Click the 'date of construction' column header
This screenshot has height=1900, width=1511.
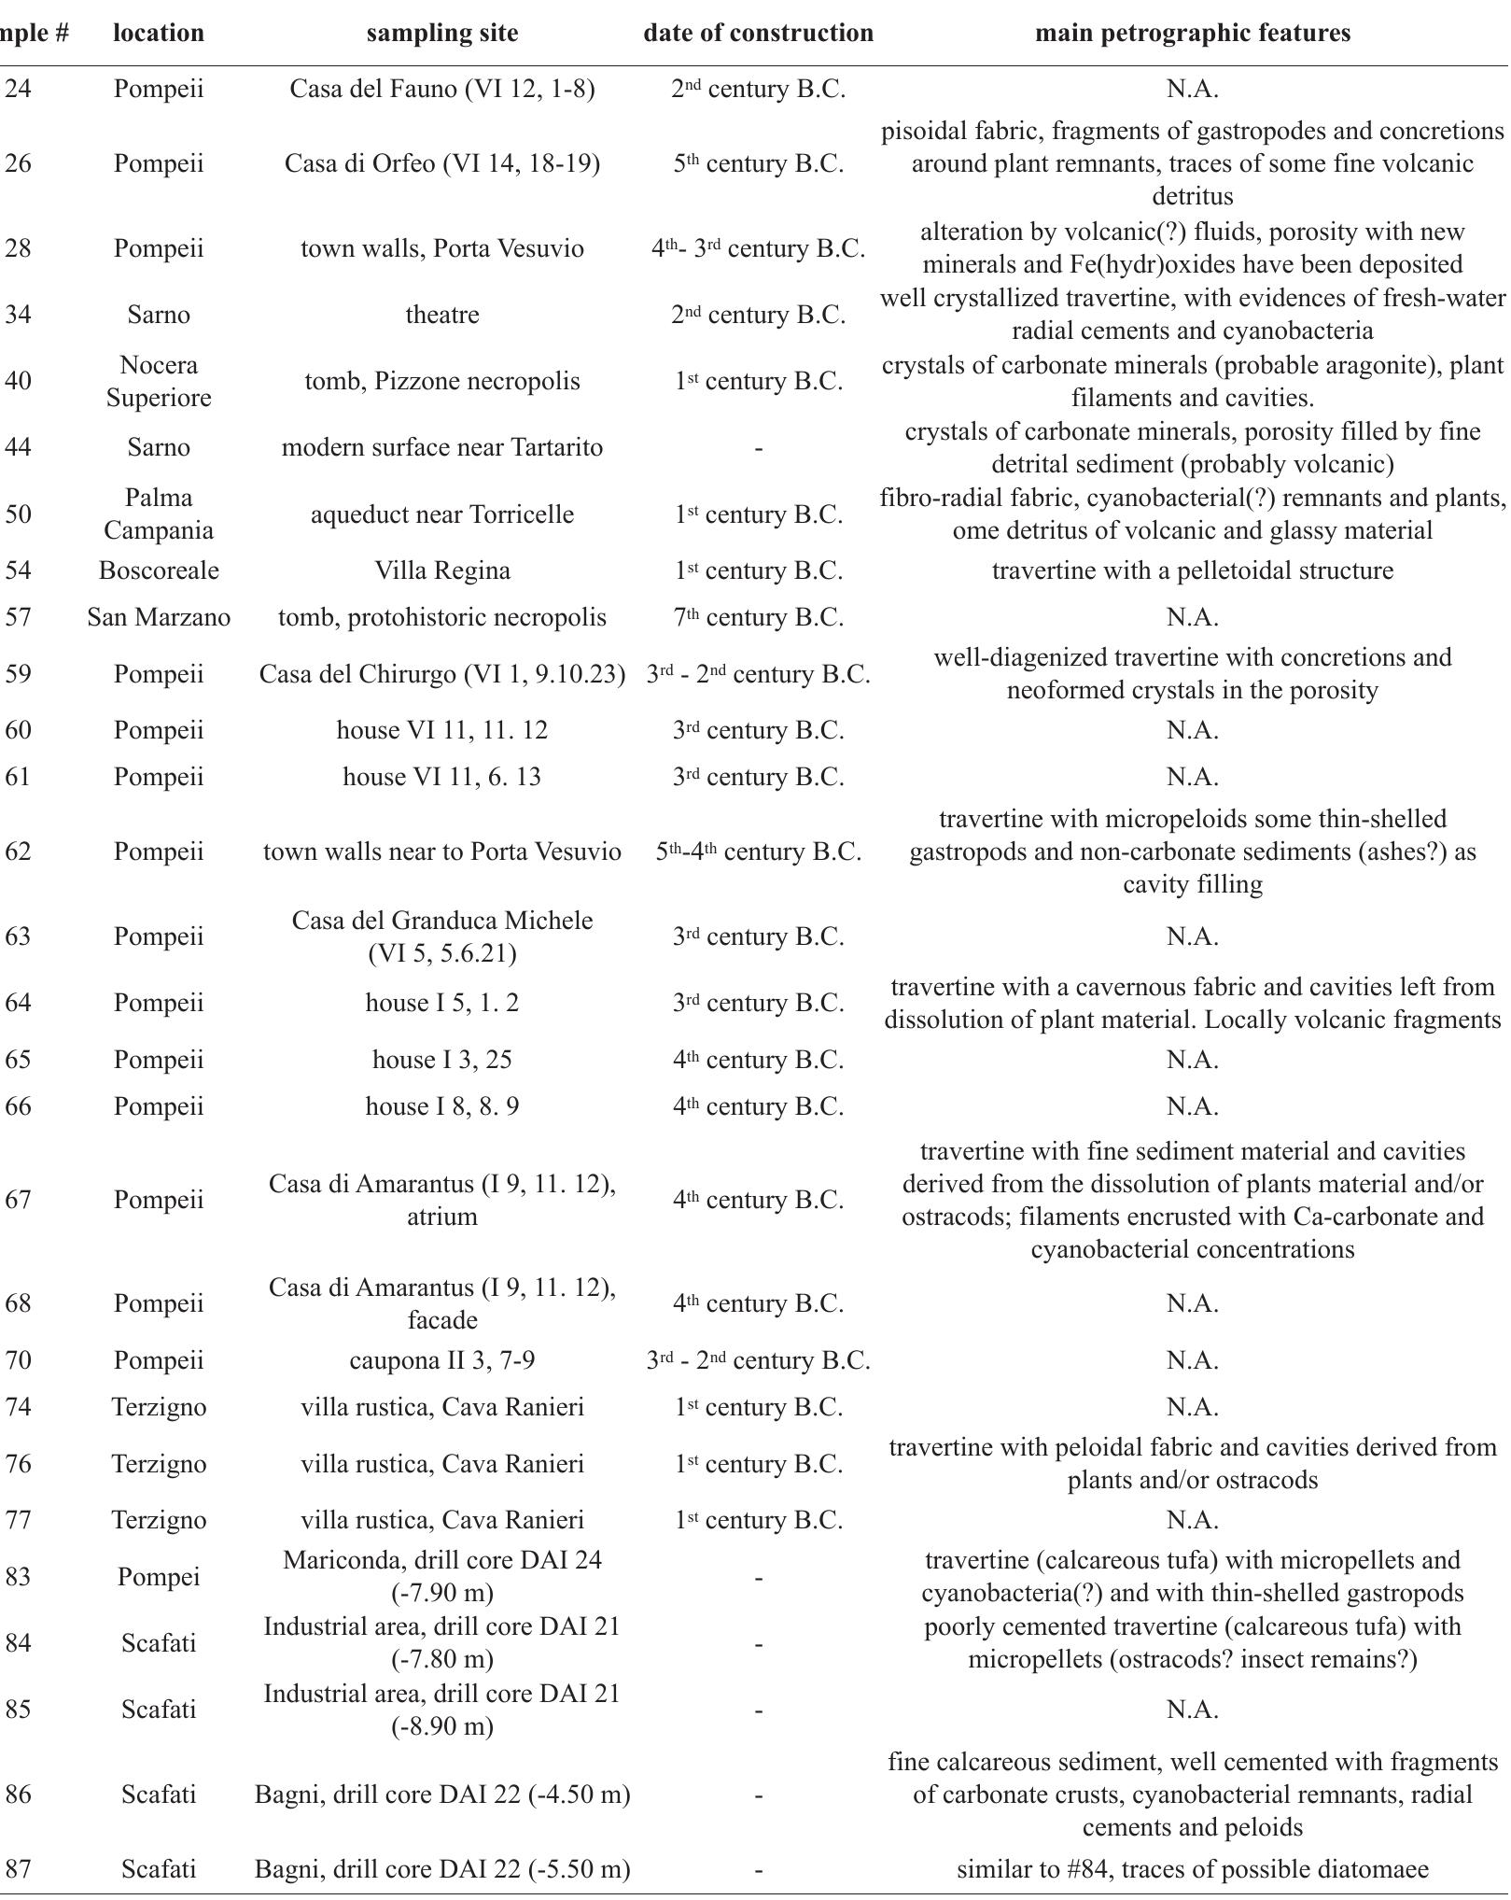[758, 33]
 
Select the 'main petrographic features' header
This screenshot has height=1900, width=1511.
[1192, 33]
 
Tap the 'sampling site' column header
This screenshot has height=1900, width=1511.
[441, 33]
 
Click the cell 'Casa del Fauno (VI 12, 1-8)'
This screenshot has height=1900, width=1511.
[441, 89]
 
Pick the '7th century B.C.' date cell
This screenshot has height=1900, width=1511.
[758, 617]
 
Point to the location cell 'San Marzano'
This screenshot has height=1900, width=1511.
[159, 617]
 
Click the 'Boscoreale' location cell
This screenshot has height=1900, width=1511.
[159, 570]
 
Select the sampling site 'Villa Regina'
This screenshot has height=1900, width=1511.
[441, 570]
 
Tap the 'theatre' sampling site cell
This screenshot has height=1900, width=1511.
[441, 315]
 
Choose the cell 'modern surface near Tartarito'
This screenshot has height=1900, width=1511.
[441, 447]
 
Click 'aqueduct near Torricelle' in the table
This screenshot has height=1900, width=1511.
[441, 514]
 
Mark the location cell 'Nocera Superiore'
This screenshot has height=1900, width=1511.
[159, 381]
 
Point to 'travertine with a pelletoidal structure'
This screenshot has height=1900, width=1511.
[1192, 570]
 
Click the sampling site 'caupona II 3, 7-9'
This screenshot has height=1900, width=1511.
[441, 1360]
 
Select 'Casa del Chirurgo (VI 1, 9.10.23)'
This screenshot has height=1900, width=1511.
[441, 674]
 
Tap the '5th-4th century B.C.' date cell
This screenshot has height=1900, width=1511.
[758, 851]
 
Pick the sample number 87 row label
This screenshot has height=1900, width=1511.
[19, 1869]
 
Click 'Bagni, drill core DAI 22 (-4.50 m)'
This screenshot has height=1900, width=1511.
[441, 1794]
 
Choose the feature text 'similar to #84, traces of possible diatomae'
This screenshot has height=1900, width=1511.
[1192, 1869]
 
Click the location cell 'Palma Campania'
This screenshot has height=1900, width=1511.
[159, 514]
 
